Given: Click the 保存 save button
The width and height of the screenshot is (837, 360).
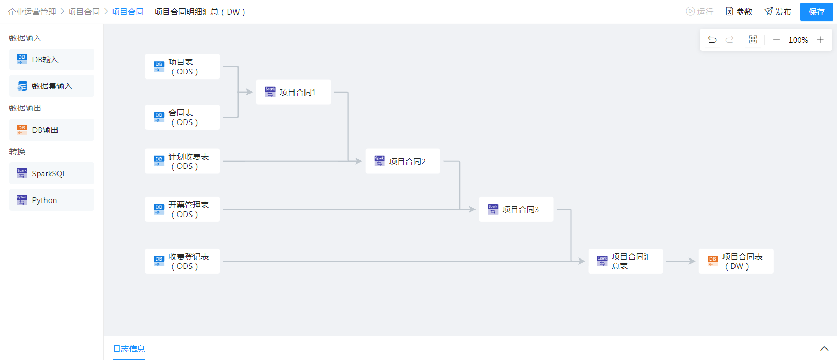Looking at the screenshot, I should pyautogui.click(x=816, y=12).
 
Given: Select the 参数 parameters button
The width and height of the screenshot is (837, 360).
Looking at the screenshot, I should pyautogui.click(x=739, y=12).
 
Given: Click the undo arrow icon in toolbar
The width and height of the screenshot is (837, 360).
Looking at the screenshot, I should pyautogui.click(x=712, y=40).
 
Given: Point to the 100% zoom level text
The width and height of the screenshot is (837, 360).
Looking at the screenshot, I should pyautogui.click(x=798, y=40).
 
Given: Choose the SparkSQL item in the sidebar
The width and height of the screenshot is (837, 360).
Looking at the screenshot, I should pyautogui.click(x=51, y=173).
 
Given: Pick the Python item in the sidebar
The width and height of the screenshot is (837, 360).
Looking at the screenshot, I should pyautogui.click(x=51, y=200).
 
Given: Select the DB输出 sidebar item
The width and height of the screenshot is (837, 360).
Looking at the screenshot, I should pyautogui.click(x=51, y=130).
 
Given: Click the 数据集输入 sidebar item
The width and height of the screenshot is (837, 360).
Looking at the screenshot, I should pyautogui.click(x=51, y=86).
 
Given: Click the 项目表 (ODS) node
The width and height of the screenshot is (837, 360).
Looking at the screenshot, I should pyautogui.click(x=182, y=66).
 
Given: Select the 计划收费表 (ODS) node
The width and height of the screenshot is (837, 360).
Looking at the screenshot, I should pyautogui.click(x=182, y=161).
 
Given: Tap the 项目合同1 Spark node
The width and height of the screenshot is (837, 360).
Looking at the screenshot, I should pyautogui.click(x=293, y=92).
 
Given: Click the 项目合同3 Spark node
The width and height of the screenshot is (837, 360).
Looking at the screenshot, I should pyautogui.click(x=516, y=209).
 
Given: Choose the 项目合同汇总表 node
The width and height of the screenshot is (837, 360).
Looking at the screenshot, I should pyautogui.click(x=625, y=261).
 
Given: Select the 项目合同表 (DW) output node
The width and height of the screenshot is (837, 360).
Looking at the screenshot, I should pyautogui.click(x=736, y=261).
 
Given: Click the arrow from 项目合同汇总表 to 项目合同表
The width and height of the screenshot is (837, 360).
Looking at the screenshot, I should pyautogui.click(x=680, y=261).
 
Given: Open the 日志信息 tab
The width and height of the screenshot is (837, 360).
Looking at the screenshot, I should pyautogui.click(x=129, y=348).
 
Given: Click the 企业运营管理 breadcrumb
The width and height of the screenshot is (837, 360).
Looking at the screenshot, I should pyautogui.click(x=32, y=12).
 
